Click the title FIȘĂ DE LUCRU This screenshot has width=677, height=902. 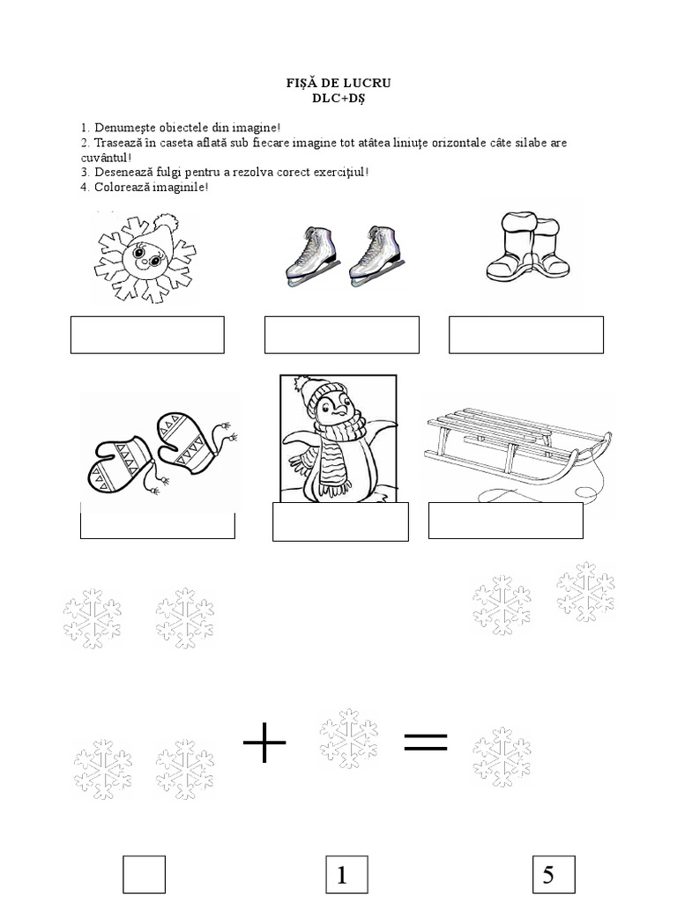338,84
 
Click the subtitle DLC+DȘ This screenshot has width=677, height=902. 338,98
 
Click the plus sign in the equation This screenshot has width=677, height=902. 264,748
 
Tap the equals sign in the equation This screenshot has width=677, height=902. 425,743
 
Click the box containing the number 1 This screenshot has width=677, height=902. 346,875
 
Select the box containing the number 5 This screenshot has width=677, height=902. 554,875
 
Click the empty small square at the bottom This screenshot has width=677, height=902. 144,875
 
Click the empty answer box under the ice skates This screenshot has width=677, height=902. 342,335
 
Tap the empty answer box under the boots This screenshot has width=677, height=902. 526,335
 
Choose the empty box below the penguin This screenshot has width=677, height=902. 340,521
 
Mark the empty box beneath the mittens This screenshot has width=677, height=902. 157,525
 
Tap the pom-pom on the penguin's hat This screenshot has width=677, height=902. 301,384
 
